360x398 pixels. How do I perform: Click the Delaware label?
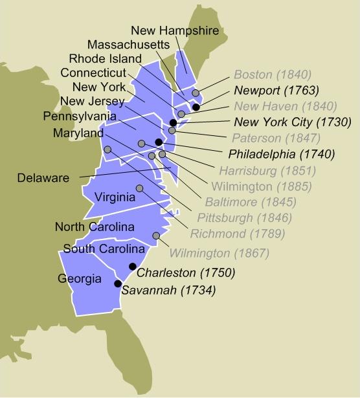click(x=43, y=177)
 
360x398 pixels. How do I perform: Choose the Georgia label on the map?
click(x=78, y=279)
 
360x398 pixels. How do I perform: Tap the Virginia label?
click(x=115, y=197)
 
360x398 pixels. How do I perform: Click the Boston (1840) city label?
click(x=273, y=74)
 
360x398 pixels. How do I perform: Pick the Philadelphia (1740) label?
click(x=282, y=154)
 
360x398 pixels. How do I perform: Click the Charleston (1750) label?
click(x=186, y=272)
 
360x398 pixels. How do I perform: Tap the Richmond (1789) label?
click(x=236, y=233)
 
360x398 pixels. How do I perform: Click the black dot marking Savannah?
click(x=118, y=283)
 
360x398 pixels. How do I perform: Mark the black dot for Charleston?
click(x=133, y=266)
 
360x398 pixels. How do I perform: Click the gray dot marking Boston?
click(x=196, y=93)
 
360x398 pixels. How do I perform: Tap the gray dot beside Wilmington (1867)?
click(x=155, y=236)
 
